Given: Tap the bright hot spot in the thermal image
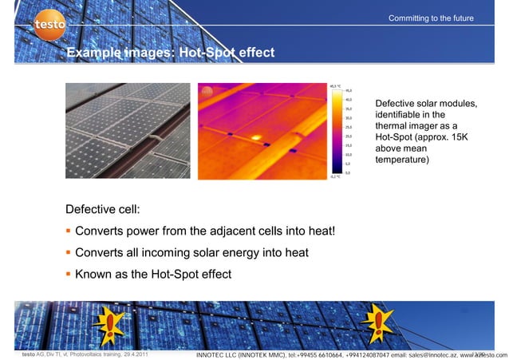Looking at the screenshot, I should click(x=257, y=136).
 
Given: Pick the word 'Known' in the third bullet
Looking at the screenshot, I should click(x=94, y=275).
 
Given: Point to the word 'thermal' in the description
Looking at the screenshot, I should click(x=393, y=126).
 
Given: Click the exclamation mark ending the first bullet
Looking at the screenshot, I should click(x=333, y=232).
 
